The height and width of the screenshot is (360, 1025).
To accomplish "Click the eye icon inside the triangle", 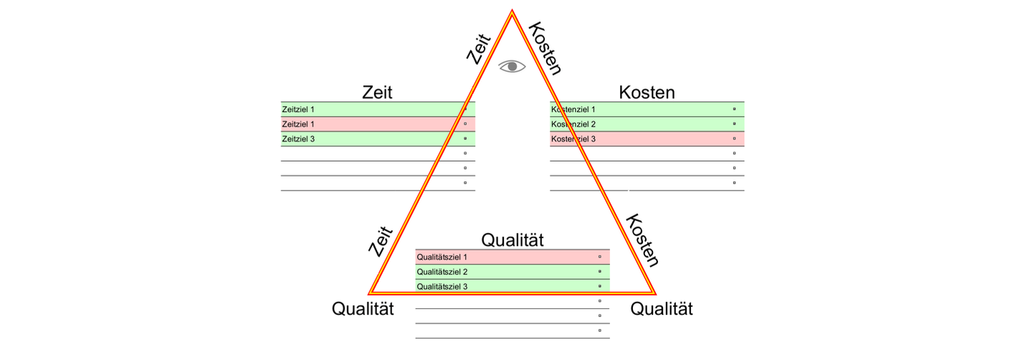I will pyautogui.click(x=512, y=66).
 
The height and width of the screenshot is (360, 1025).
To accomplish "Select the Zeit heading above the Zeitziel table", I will pyautogui.click(x=377, y=93).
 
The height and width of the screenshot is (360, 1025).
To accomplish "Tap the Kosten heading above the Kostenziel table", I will pyautogui.click(x=647, y=93).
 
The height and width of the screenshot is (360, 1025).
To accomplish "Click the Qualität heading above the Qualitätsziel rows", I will pyautogui.click(x=512, y=240).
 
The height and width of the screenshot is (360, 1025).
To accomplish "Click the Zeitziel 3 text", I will pyautogui.click(x=299, y=139).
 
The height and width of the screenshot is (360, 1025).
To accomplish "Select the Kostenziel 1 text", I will pyautogui.click(x=573, y=110).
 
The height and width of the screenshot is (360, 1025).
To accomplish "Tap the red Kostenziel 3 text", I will pyautogui.click(x=573, y=139).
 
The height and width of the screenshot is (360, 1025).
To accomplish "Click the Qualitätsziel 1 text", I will pyautogui.click(x=442, y=257).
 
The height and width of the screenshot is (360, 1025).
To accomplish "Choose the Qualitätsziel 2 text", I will pyautogui.click(x=442, y=272).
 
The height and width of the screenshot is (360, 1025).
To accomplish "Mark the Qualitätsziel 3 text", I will pyautogui.click(x=442, y=287).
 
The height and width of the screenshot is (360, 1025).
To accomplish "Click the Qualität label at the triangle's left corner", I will pyautogui.click(x=363, y=309).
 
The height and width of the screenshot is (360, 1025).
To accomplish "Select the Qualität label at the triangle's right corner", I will pyautogui.click(x=662, y=309).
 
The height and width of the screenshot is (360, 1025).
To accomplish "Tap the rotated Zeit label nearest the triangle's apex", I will pyautogui.click(x=478, y=49).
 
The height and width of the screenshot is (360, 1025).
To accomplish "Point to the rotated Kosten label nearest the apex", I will pyautogui.click(x=545, y=48).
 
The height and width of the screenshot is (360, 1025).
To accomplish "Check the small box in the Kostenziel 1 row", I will pyautogui.click(x=734, y=109).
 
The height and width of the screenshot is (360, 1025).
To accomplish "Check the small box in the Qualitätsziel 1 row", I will pyautogui.click(x=599, y=256).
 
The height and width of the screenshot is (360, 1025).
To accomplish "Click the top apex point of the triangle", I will pyautogui.click(x=512, y=11).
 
